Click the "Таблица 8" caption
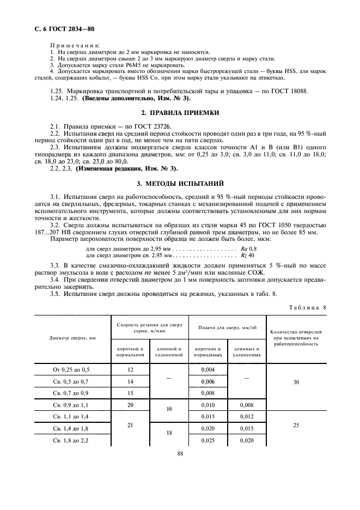pos(307,307)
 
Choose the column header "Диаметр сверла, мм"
pos(72,338)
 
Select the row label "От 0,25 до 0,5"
pos(72,370)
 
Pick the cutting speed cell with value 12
pos(130,370)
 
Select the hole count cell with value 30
pos(296,382)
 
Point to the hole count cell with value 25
pos(296,424)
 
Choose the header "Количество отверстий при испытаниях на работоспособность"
pos(296,338)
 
